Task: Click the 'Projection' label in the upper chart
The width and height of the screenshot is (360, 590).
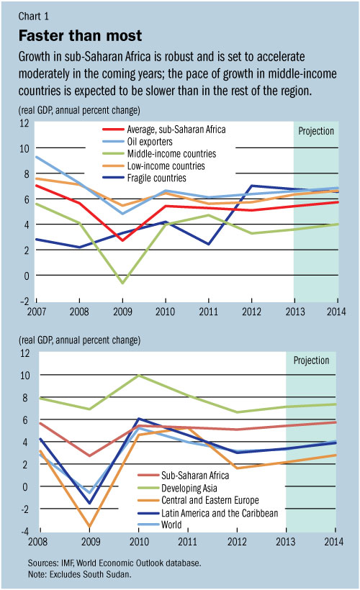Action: [316, 131]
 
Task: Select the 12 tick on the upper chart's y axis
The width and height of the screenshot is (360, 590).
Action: [24, 123]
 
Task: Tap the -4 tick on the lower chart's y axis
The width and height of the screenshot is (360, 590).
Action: [24, 532]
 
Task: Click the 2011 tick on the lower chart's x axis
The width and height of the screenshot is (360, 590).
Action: [188, 541]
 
